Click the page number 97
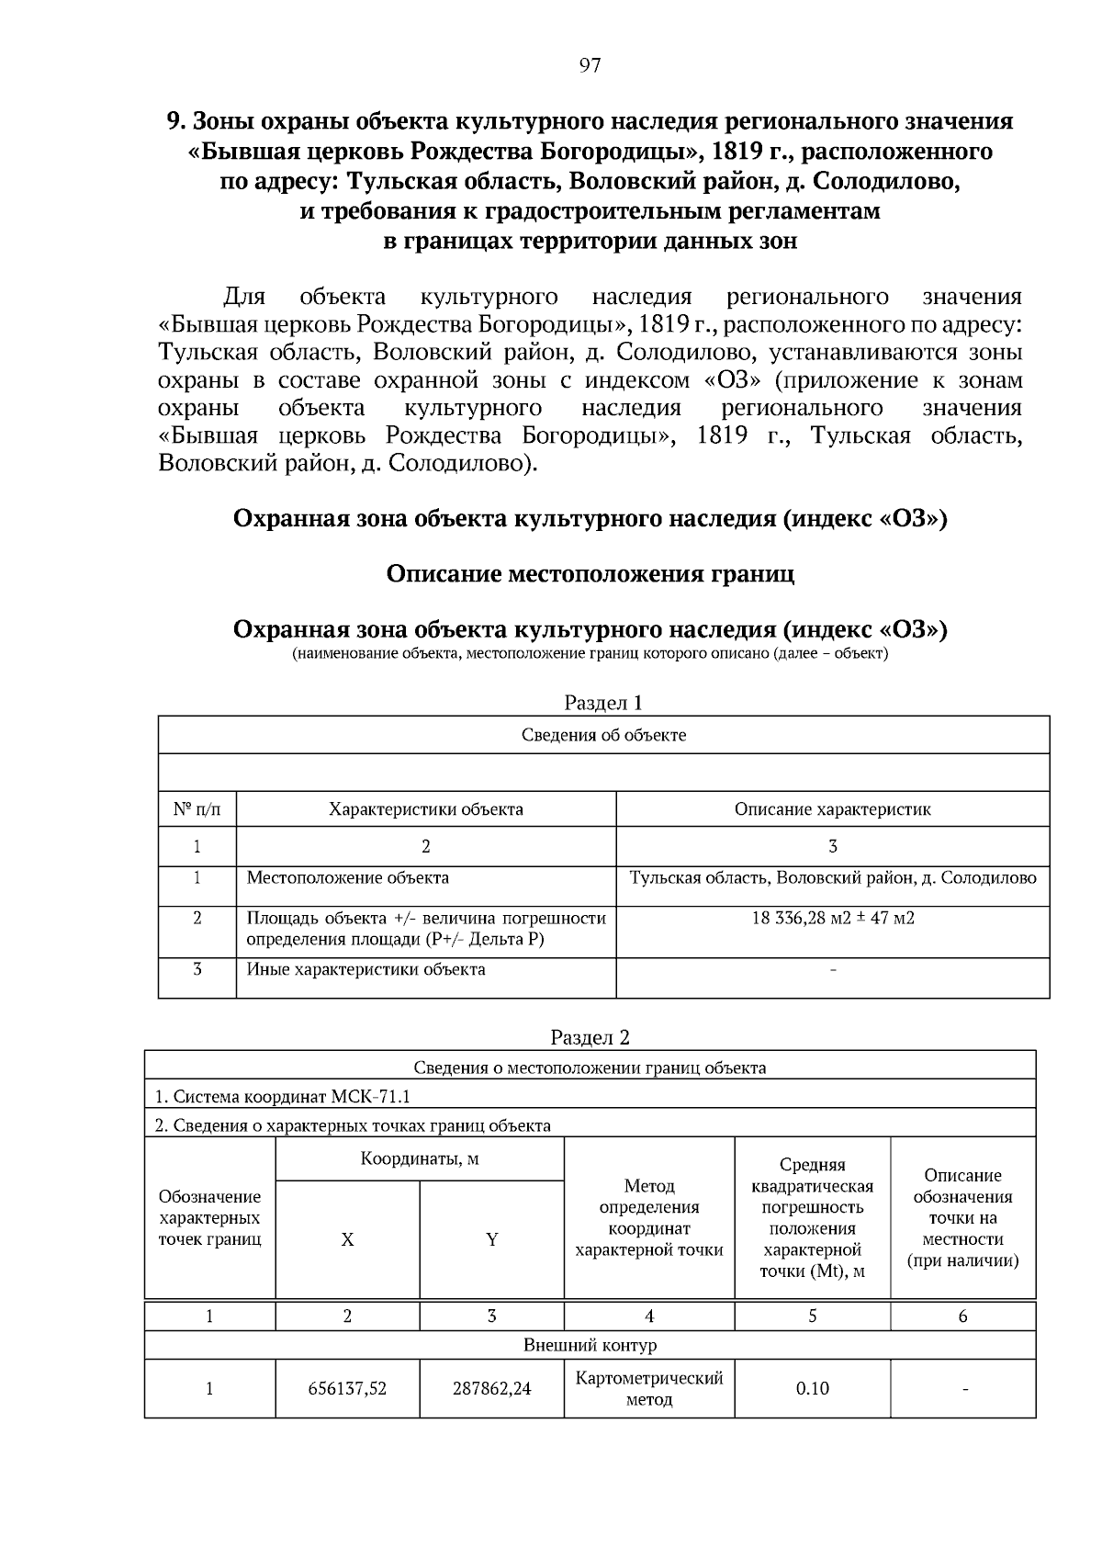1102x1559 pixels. [590, 65]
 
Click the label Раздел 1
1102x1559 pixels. [602, 703]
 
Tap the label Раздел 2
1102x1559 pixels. [590, 1037]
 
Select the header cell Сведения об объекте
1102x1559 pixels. [603, 735]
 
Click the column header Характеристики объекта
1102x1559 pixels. [426, 809]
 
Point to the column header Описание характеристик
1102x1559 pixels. [832, 809]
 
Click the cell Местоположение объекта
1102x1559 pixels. [348, 877]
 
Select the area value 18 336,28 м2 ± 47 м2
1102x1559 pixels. [832, 918]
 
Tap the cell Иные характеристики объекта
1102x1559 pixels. [365, 969]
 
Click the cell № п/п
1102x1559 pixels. [197, 809]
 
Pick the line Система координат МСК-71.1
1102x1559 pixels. [282, 1096]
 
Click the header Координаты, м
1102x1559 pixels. [420, 1158]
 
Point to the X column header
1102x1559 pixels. [347, 1239]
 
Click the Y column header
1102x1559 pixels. [491, 1239]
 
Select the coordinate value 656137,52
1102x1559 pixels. [347, 1388]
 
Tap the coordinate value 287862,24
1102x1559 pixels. [491, 1388]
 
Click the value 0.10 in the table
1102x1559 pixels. [812, 1388]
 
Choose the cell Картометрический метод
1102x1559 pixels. [649, 1388]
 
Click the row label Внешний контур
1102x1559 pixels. [590, 1345]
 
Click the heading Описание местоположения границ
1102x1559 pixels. [590, 574]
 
